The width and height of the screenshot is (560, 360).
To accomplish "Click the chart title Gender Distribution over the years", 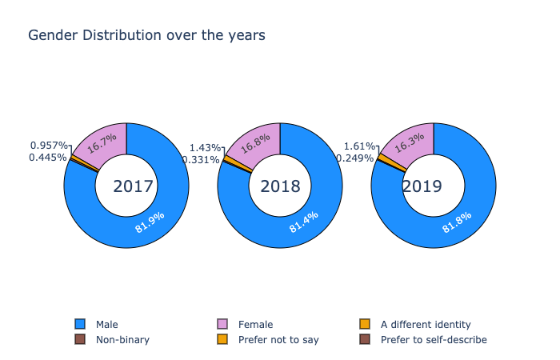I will click(146, 36).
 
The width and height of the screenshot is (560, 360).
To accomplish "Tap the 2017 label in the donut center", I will click(133, 186).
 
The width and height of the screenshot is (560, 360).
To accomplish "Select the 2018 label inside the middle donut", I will click(280, 186).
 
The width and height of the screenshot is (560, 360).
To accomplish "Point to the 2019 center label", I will click(422, 186).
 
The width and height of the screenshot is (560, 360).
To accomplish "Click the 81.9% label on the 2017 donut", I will click(150, 222).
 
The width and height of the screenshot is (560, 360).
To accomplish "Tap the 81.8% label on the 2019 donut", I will click(457, 222).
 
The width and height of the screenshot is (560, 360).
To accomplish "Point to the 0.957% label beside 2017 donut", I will click(48, 146).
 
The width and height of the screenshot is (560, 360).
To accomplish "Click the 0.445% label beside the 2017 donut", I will click(47, 158).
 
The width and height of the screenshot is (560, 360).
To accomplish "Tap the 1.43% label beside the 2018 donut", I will click(205, 148).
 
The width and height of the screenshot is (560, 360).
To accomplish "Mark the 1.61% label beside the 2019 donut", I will click(358, 146).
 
